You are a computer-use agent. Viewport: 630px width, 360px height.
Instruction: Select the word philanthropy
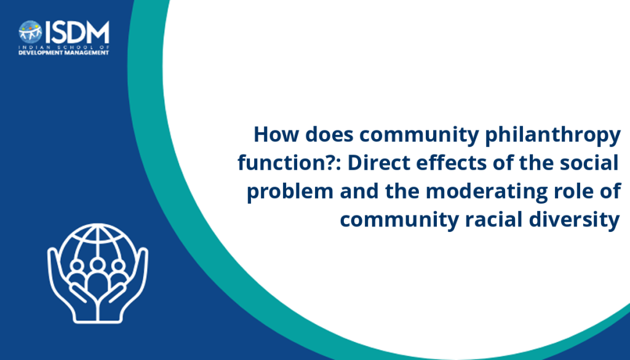(553, 137)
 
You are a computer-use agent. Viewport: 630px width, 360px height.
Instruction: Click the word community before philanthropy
(419, 136)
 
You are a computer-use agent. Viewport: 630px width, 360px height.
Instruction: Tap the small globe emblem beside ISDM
(30, 32)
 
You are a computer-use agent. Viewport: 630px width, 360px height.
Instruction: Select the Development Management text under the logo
(63, 53)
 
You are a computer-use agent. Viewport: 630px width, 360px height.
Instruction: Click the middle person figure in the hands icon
(97, 278)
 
